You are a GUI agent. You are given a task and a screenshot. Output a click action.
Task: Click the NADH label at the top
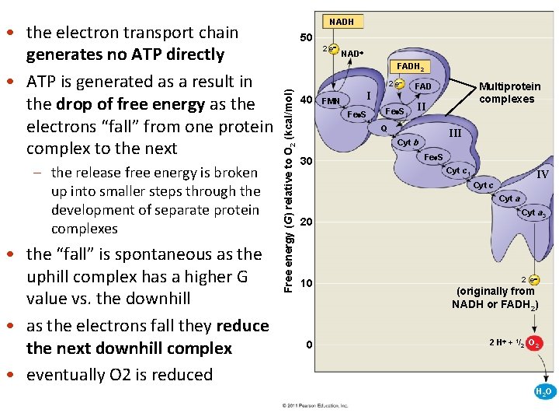342,22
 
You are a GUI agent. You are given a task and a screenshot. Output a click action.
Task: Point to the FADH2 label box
408,68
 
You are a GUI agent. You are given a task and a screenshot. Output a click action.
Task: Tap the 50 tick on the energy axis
306,37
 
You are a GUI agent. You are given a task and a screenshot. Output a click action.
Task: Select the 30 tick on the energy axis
306,161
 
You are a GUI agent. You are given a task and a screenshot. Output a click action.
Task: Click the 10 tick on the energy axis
306,284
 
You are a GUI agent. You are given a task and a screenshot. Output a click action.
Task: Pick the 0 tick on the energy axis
308,345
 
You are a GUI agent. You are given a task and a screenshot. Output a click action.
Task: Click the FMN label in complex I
331,101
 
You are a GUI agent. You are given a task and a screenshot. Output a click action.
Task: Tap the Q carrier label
383,128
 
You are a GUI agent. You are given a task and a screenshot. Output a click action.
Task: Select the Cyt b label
408,142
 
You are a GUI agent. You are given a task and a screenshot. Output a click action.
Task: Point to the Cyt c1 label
457,170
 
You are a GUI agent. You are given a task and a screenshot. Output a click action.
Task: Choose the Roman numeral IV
542,175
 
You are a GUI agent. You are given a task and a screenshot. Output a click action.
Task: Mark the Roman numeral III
455,134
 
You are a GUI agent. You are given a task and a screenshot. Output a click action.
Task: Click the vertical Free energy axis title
287,191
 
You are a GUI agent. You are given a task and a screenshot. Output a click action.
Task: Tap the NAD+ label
351,54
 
